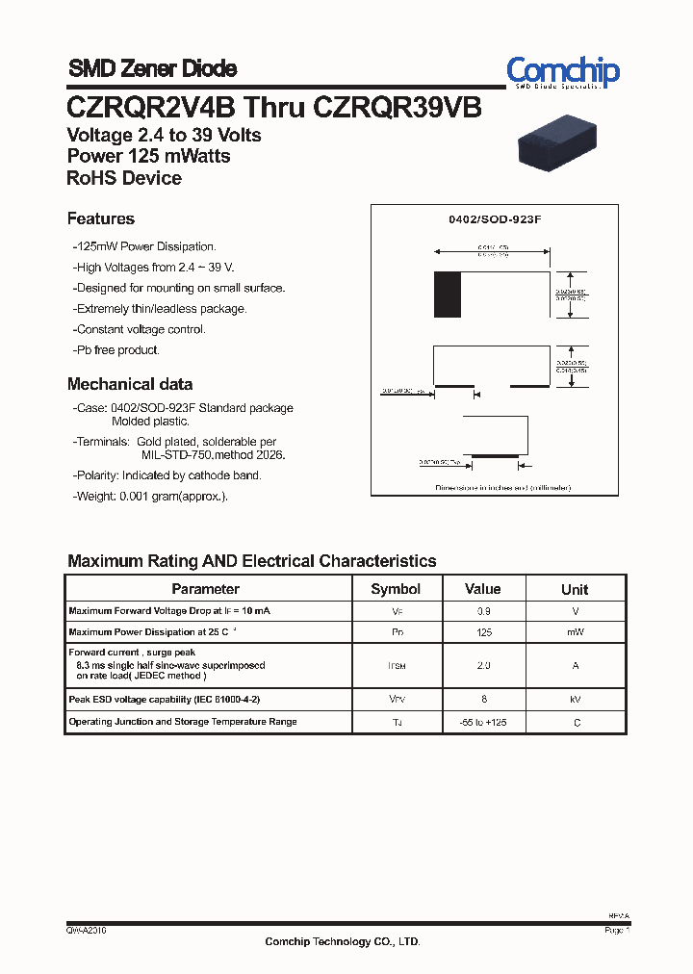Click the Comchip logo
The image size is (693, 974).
[563, 71]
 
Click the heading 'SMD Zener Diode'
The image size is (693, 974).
[152, 68]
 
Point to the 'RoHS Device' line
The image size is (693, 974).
[124, 178]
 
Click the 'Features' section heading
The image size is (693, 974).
[101, 218]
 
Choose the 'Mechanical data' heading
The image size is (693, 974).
[130, 384]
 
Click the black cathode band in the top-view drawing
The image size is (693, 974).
[447, 295]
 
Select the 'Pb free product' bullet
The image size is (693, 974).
[117, 350]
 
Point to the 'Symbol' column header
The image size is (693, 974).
[396, 589]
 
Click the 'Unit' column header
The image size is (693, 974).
[575, 589]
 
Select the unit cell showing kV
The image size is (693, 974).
[575, 700]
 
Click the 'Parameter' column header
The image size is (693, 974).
[205, 589]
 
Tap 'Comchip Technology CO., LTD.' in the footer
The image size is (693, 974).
[343, 942]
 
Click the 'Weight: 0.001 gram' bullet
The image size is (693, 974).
[152, 496]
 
